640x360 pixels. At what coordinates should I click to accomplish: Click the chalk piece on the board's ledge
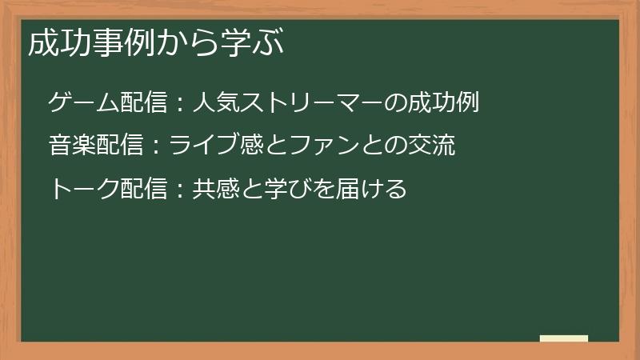(x=564, y=338)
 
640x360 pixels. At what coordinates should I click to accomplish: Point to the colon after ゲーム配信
(x=180, y=104)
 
